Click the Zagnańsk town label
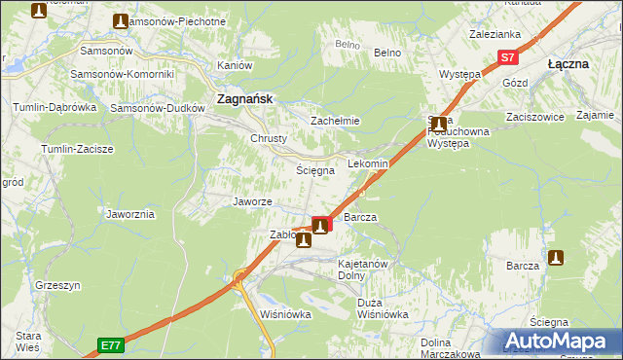coord(243,98)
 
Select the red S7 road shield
coord(507,57)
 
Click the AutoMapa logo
coord(562,341)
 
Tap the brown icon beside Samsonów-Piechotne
coord(120,20)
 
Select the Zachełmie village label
coord(335,121)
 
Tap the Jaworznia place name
coord(130,214)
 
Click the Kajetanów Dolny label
coord(363,269)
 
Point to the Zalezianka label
coord(495,33)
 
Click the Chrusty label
coord(269,138)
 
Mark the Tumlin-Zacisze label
coord(77,149)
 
